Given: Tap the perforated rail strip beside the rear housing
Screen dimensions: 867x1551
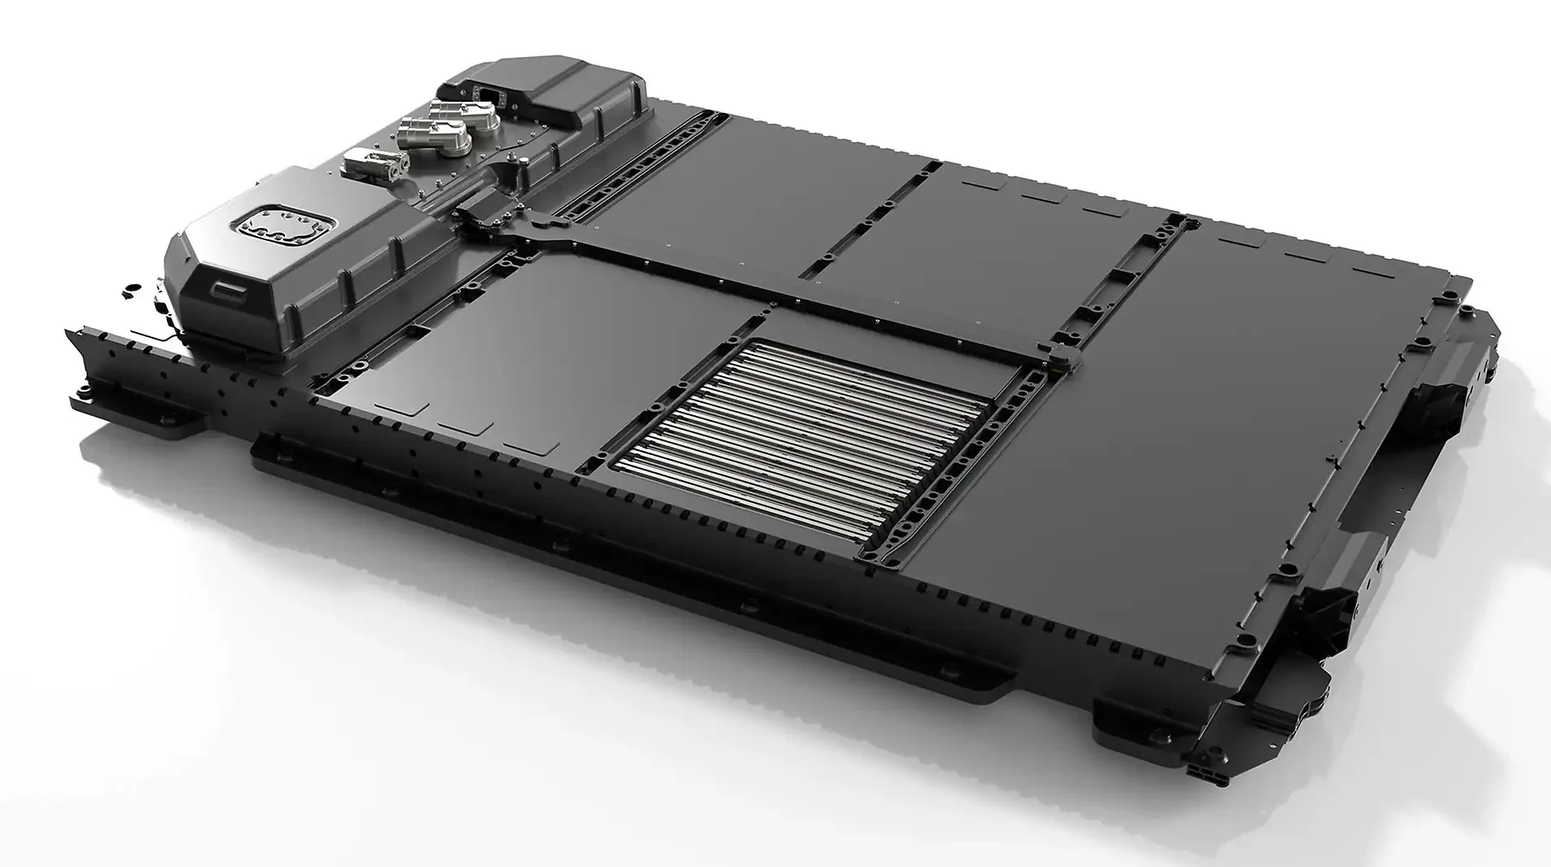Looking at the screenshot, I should (635, 163).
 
